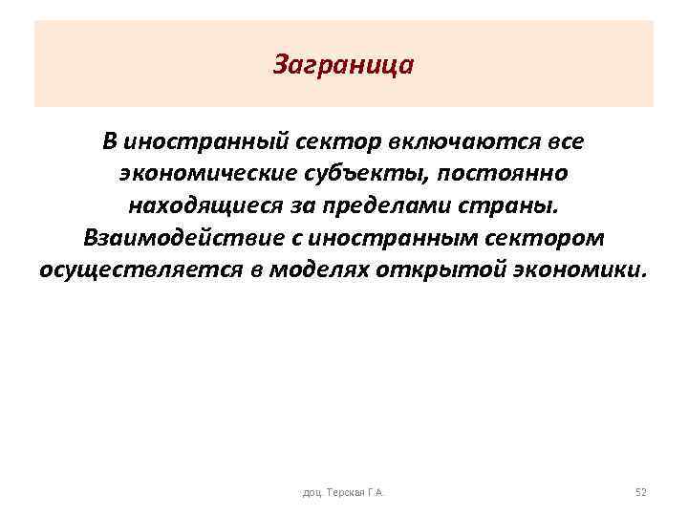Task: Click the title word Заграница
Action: point(343,66)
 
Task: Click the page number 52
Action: point(641,492)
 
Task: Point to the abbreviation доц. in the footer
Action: point(312,492)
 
